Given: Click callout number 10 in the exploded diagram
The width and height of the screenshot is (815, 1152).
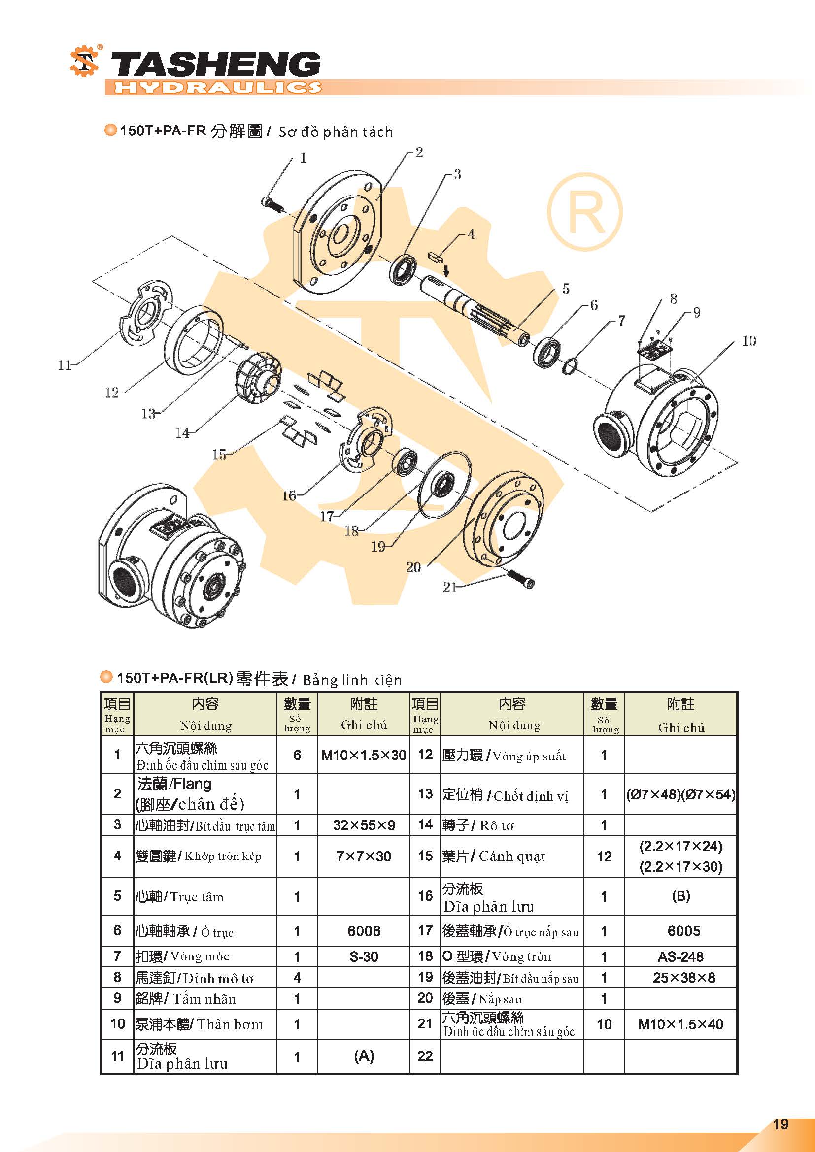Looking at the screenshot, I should [x=748, y=341].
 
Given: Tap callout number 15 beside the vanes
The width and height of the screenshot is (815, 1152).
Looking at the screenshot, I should [x=219, y=455].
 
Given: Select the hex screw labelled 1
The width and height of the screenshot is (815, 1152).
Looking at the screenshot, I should [x=272, y=204].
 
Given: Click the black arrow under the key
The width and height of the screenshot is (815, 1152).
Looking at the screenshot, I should [x=446, y=271].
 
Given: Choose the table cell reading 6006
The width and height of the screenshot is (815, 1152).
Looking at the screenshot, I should [x=364, y=931].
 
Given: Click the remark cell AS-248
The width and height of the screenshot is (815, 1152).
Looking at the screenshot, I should [x=680, y=956].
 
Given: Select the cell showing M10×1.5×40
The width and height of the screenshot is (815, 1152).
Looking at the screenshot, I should [x=680, y=1024].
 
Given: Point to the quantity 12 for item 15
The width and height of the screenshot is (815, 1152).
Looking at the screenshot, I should [x=604, y=856].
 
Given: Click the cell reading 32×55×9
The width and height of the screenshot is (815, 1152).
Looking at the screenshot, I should [x=364, y=825].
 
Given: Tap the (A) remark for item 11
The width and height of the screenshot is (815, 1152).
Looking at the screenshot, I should [x=364, y=1056].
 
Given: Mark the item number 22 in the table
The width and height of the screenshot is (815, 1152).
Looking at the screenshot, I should [x=425, y=1056].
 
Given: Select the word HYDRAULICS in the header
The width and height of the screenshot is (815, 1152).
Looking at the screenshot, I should [x=217, y=87].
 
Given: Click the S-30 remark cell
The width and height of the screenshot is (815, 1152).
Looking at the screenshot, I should [x=364, y=956].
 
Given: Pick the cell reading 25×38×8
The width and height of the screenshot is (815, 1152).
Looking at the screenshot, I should [x=683, y=977].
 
